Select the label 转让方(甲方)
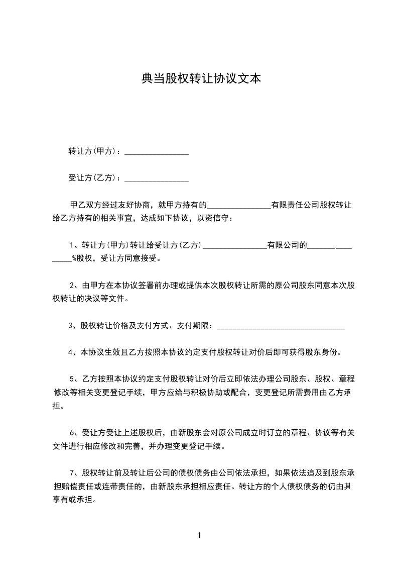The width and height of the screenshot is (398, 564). pyautogui.click(x=93, y=151)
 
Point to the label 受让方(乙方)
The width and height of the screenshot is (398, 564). pyautogui.click(x=93, y=178)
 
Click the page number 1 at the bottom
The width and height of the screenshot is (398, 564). pyautogui.click(x=199, y=535)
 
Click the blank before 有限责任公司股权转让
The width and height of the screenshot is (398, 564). pyautogui.click(x=238, y=206)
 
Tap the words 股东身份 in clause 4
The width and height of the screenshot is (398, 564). pyautogui.click(x=324, y=352)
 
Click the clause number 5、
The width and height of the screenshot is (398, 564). pyautogui.click(x=74, y=379)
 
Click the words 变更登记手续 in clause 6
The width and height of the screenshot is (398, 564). pyautogui.click(x=201, y=445)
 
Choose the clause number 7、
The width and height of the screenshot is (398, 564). pyautogui.click(x=74, y=472)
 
